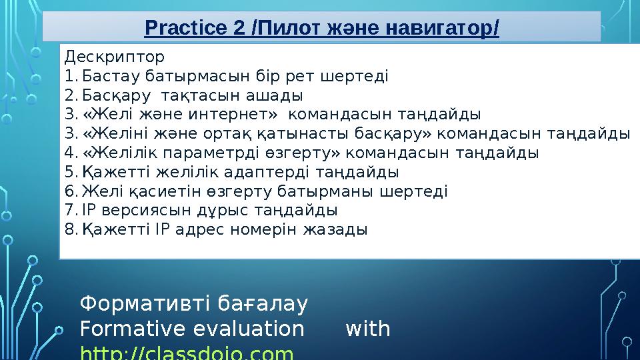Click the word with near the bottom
pyautogui.click(x=368, y=329)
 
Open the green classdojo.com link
pyautogui.click(x=187, y=353)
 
